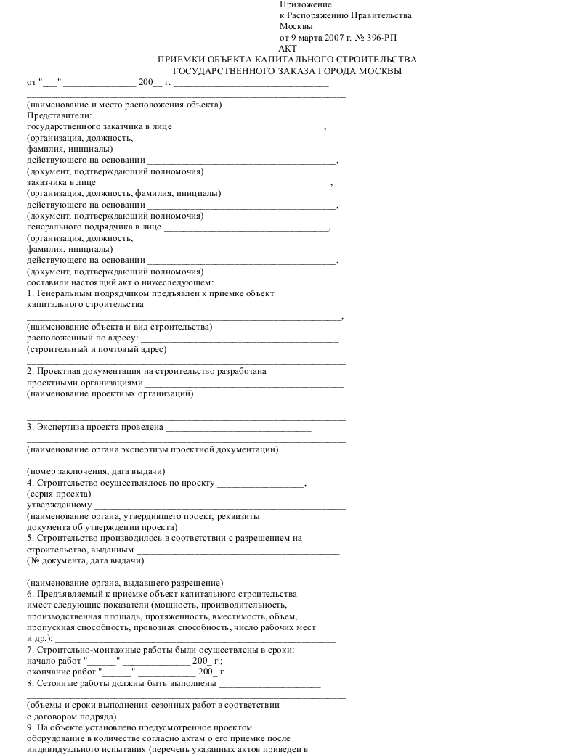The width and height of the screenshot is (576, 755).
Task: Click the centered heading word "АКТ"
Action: coord(288,49)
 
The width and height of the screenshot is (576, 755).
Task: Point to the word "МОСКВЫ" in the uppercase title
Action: coord(379,71)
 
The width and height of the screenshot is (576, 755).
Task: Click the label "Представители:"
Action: coord(60,115)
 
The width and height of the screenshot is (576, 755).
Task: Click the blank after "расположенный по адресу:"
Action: coord(239,338)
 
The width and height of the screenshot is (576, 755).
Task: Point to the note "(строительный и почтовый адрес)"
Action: coord(92,349)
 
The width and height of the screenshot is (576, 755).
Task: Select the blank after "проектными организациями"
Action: coord(244,383)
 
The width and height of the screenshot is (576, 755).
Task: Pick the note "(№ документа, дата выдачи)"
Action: coord(86,560)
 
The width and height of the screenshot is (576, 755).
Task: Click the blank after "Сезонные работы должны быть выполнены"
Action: coord(269,683)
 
